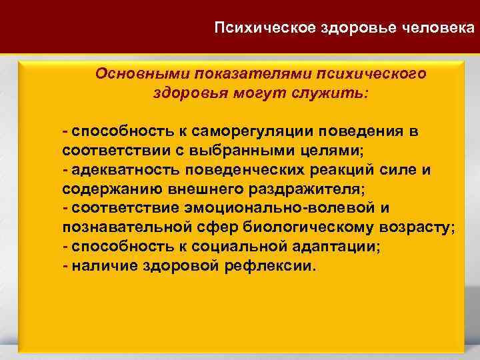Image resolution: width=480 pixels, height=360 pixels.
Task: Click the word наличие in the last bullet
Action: (x=99, y=265)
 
